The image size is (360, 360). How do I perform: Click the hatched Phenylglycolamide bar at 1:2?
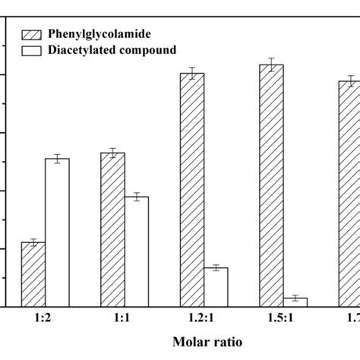click(33, 274)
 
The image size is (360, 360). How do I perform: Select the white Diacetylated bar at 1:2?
click(57, 232)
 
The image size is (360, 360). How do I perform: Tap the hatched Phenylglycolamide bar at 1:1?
click(113, 229)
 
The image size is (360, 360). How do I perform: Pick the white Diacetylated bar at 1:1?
click(137, 251)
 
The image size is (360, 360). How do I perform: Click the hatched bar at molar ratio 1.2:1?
click(192, 190)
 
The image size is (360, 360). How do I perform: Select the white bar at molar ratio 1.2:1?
click(216, 287)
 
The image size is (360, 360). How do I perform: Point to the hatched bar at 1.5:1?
click(272, 185)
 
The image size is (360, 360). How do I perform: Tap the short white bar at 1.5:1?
click(295, 302)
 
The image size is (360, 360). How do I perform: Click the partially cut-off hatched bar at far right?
click(349, 194)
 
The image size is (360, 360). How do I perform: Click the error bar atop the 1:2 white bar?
click(57, 159)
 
